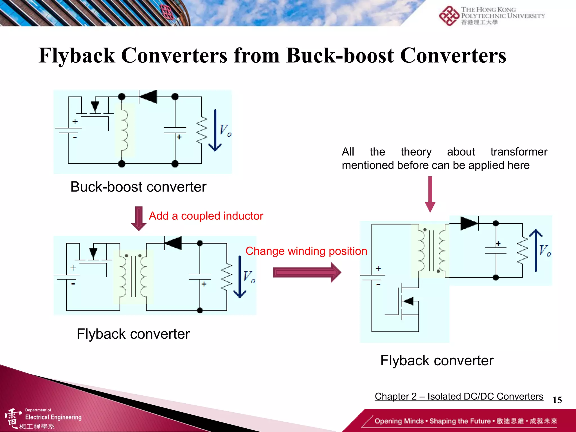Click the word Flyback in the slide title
click(x=77, y=55)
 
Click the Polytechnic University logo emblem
click(x=449, y=16)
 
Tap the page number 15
click(x=557, y=400)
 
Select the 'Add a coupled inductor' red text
click(x=206, y=216)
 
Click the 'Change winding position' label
click(x=306, y=251)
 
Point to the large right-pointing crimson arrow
click(x=307, y=272)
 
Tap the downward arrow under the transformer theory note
click(x=430, y=194)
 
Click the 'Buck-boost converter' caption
click(x=138, y=187)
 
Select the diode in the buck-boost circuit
click(x=148, y=97)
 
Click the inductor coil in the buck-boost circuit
click(x=123, y=130)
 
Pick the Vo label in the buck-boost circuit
click(x=225, y=130)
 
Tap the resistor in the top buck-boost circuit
click(x=201, y=130)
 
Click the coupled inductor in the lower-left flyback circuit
click(x=133, y=277)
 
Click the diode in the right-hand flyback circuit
click(x=469, y=223)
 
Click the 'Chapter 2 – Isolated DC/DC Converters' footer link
click(x=459, y=396)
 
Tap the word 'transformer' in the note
click(x=519, y=152)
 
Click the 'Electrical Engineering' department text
click(x=53, y=417)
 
